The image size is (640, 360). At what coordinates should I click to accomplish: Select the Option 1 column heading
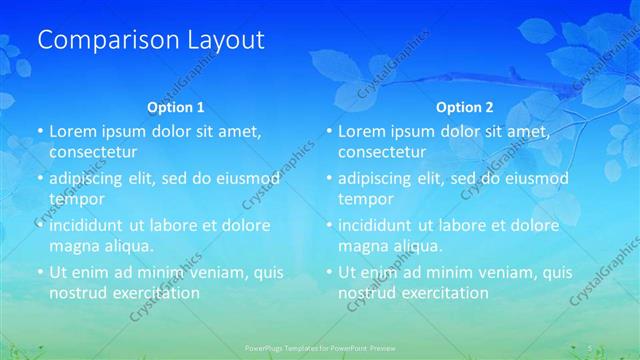pyautogui.click(x=176, y=106)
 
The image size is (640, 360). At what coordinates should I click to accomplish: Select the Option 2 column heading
pyautogui.click(x=465, y=106)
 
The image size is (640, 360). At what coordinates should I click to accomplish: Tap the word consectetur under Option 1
pyautogui.click(x=93, y=152)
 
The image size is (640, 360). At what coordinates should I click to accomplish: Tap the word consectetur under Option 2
pyautogui.click(x=382, y=152)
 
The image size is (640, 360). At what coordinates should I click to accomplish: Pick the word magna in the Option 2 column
pyautogui.click(x=362, y=246)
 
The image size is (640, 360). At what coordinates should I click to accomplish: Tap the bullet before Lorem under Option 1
pyautogui.click(x=40, y=132)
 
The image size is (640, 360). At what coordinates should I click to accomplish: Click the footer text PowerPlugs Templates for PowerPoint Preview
pyautogui.click(x=319, y=348)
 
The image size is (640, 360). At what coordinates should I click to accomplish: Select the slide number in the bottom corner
pyautogui.click(x=591, y=348)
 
